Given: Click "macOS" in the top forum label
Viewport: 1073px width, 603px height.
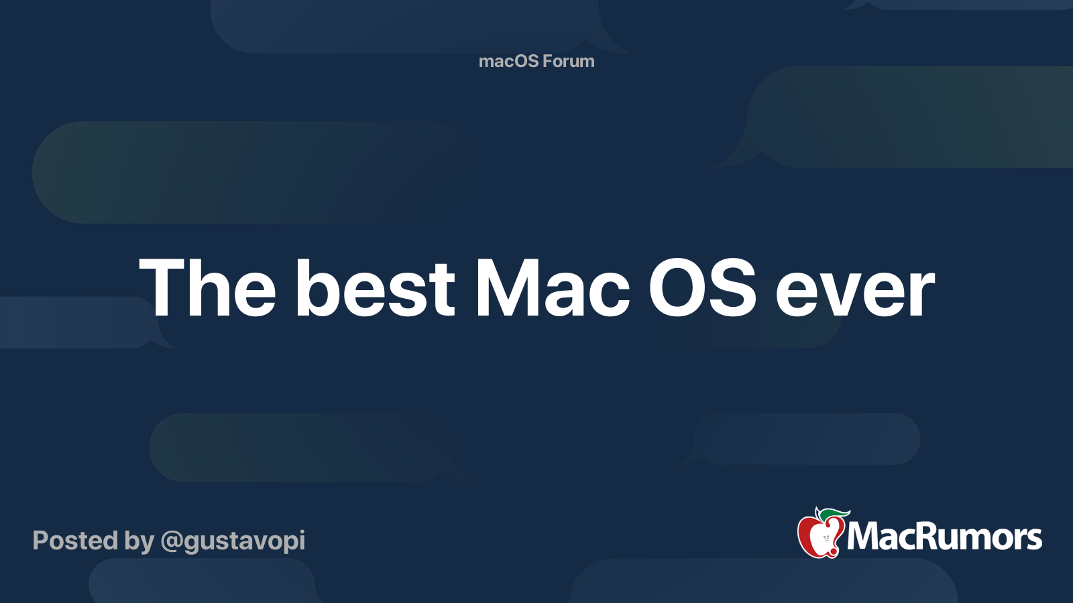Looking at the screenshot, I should click(508, 61).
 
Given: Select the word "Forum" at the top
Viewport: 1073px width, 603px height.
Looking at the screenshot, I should click(569, 61).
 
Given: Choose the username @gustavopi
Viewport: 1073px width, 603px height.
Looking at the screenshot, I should click(233, 541).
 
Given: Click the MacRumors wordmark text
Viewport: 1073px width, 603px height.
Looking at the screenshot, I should click(944, 537).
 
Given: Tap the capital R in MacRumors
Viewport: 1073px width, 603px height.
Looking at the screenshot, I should click(917, 537).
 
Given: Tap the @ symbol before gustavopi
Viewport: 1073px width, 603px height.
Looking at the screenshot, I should click(172, 541).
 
